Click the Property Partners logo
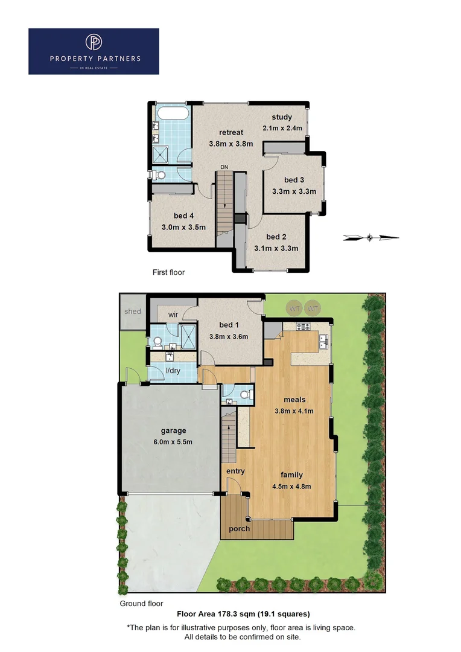pos(94,51)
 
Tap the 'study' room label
pos(282,117)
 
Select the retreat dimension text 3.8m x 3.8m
pos(231,144)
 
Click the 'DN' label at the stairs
pos(224,167)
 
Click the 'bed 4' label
pos(184,216)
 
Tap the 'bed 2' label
pos(276,237)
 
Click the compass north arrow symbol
pos(370,238)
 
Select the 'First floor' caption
pos(168,272)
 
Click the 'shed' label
pos(133,312)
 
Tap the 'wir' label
pos(173,315)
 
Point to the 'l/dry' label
pos(173,371)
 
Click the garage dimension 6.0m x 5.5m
pos(173,442)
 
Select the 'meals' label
pos(295,400)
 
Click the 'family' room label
pos(291,475)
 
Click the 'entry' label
pos(235,471)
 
